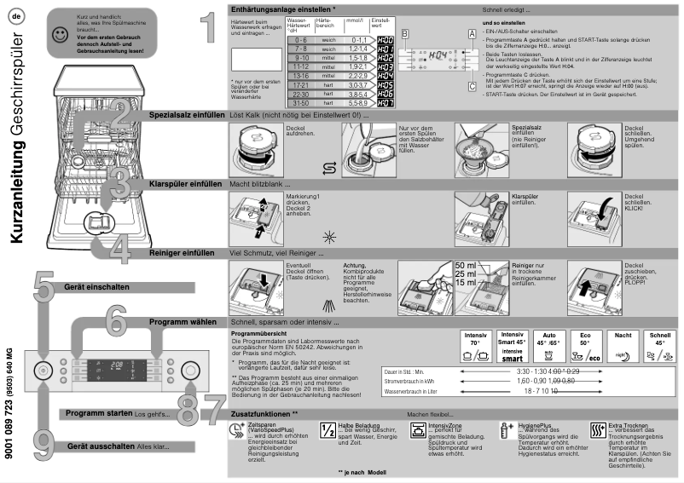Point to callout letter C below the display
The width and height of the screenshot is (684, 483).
[472, 85]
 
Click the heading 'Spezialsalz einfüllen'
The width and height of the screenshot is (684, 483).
[184, 112]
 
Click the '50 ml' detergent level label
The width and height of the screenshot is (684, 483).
[466, 266]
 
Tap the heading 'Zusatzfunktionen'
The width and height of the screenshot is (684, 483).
[261, 413]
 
